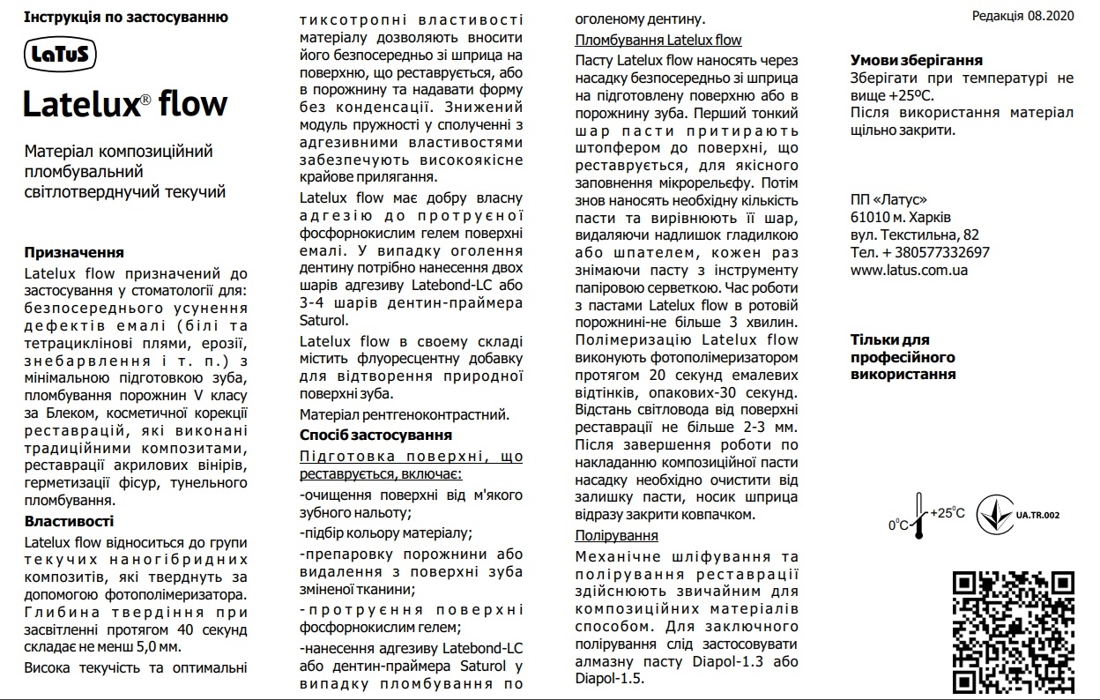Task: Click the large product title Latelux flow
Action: (124, 104)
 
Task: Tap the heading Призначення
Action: (74, 252)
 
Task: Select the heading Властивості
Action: (70, 521)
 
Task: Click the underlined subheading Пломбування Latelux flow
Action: (658, 40)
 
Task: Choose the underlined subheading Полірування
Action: (616, 535)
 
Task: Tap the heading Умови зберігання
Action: (917, 60)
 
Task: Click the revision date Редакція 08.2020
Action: (1022, 17)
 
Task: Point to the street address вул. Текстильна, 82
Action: (915, 235)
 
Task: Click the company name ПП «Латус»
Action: (888, 199)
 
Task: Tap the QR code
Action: (1014, 631)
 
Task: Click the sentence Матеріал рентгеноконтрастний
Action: (405, 413)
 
